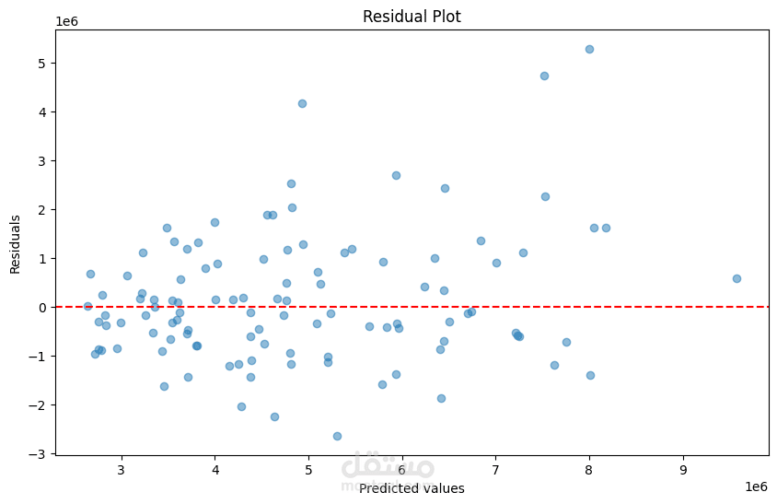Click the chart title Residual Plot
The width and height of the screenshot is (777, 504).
(412, 17)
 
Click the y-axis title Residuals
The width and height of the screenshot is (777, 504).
(16, 244)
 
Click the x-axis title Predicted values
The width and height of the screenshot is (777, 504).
(412, 488)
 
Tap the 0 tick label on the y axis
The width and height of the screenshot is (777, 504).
(42, 307)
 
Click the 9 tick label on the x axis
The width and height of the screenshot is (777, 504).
(683, 469)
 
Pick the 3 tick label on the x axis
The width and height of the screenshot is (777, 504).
(121, 469)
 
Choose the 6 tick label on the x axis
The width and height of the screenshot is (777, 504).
(402, 469)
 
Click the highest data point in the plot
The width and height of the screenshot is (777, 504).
(589, 49)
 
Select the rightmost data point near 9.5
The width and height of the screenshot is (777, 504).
(736, 278)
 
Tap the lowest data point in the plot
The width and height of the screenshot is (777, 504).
(337, 436)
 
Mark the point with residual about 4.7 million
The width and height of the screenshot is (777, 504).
(544, 76)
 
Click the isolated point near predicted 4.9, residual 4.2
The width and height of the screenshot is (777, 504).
(302, 103)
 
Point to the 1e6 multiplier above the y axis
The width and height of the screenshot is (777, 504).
(66, 20)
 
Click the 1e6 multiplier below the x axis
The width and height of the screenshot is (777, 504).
(756, 486)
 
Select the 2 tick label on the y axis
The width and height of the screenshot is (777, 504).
(42, 209)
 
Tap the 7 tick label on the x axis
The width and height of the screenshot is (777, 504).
(496, 469)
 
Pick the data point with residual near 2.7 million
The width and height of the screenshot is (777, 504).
(396, 175)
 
